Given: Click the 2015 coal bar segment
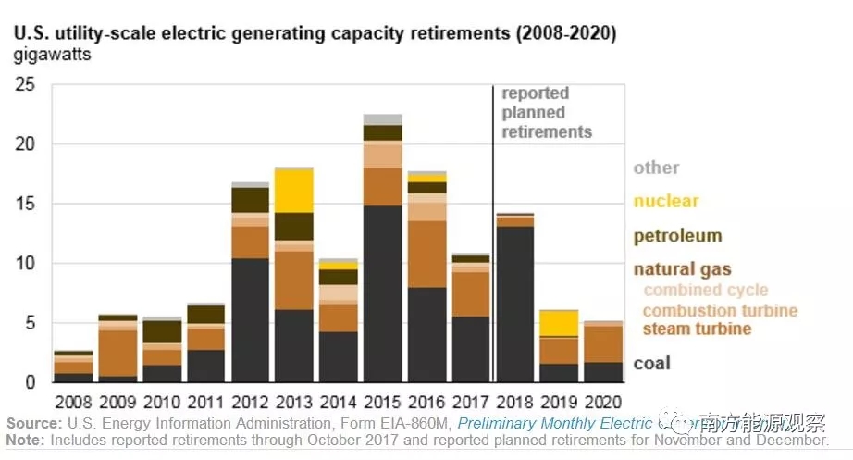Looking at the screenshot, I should click(x=382, y=293).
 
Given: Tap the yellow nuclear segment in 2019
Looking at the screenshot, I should click(x=559, y=322).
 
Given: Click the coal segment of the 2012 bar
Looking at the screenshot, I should click(x=250, y=319).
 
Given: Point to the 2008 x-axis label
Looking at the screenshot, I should click(x=73, y=403).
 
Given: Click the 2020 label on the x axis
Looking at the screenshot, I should click(x=602, y=403).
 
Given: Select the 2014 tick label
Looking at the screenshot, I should click(x=338, y=403).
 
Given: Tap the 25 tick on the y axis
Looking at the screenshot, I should click(x=25, y=85).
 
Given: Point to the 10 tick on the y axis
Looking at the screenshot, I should click(x=25, y=264).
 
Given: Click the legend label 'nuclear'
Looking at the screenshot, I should click(x=666, y=201).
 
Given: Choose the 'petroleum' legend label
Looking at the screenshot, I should click(x=677, y=236).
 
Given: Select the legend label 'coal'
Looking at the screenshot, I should click(x=651, y=364).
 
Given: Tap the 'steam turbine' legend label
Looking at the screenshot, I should click(x=697, y=329).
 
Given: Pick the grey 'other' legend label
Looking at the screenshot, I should click(x=656, y=168).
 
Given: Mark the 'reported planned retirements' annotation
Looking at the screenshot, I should click(x=546, y=113).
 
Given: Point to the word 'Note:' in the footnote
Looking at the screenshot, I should click(x=26, y=441).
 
